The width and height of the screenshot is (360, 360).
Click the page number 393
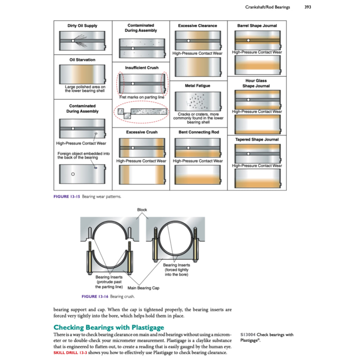[308, 7]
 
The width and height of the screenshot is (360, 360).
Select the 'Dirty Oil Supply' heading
[82, 26]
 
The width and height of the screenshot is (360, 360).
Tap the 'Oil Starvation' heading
[82, 60]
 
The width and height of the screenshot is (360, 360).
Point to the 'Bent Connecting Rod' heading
[198, 132]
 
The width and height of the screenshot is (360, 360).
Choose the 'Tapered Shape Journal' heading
[257, 140]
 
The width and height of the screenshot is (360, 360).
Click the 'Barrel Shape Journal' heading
[257, 26]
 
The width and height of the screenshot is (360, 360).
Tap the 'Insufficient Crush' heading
[142, 67]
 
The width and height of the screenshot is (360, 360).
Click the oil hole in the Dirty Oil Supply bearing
[73, 41]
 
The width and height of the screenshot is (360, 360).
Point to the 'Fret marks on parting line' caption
[142, 97]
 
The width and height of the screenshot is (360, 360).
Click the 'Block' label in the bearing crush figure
[142, 210]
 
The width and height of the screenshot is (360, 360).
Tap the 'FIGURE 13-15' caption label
[66, 197]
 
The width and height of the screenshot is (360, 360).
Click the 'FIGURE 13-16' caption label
[95, 297]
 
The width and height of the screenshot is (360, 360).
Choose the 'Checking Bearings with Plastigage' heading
[109, 328]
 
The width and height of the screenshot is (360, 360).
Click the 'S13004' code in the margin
[248, 335]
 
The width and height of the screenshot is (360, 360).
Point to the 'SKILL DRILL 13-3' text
[70, 353]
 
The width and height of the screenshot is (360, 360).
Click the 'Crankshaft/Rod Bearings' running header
[268, 7]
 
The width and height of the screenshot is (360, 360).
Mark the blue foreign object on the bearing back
[96, 168]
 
